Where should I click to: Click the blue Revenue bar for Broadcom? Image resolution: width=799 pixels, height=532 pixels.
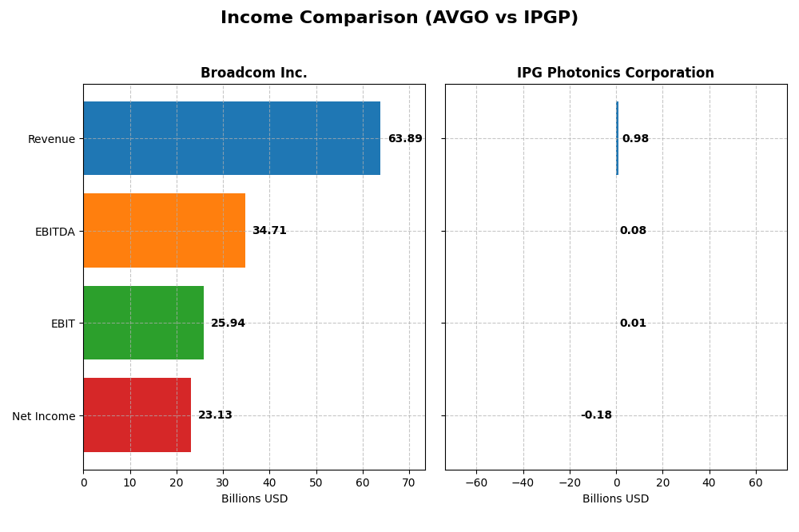click(232, 138)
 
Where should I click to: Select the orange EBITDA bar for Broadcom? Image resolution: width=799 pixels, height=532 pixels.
click(164, 231)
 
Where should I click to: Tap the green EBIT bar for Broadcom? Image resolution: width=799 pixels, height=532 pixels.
click(144, 323)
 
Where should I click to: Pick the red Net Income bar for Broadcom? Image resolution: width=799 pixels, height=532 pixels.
click(137, 415)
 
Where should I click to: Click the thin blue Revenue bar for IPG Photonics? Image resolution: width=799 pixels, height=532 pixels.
click(617, 138)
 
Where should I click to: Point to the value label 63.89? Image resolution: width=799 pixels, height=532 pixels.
click(405, 139)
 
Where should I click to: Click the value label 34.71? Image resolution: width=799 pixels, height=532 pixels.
click(269, 231)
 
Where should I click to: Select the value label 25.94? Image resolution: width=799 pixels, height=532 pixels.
click(228, 324)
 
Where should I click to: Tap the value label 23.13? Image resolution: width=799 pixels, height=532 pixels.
click(215, 415)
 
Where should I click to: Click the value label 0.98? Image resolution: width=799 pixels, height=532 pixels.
click(635, 139)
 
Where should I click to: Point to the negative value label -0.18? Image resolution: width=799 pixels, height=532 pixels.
click(596, 415)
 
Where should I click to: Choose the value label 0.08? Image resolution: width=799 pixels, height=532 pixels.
click(633, 231)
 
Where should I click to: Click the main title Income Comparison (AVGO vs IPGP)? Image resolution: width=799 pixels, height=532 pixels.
click(399, 18)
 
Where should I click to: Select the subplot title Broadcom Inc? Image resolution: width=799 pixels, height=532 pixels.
click(253, 73)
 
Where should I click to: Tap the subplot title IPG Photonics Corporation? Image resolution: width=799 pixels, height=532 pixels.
click(615, 73)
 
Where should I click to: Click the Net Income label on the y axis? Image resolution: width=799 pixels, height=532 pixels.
click(43, 416)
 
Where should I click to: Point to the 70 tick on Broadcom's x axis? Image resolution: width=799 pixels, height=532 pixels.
click(409, 482)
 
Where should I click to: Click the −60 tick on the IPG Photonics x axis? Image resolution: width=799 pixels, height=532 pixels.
click(476, 482)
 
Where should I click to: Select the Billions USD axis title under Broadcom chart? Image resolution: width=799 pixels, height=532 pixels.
click(254, 499)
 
